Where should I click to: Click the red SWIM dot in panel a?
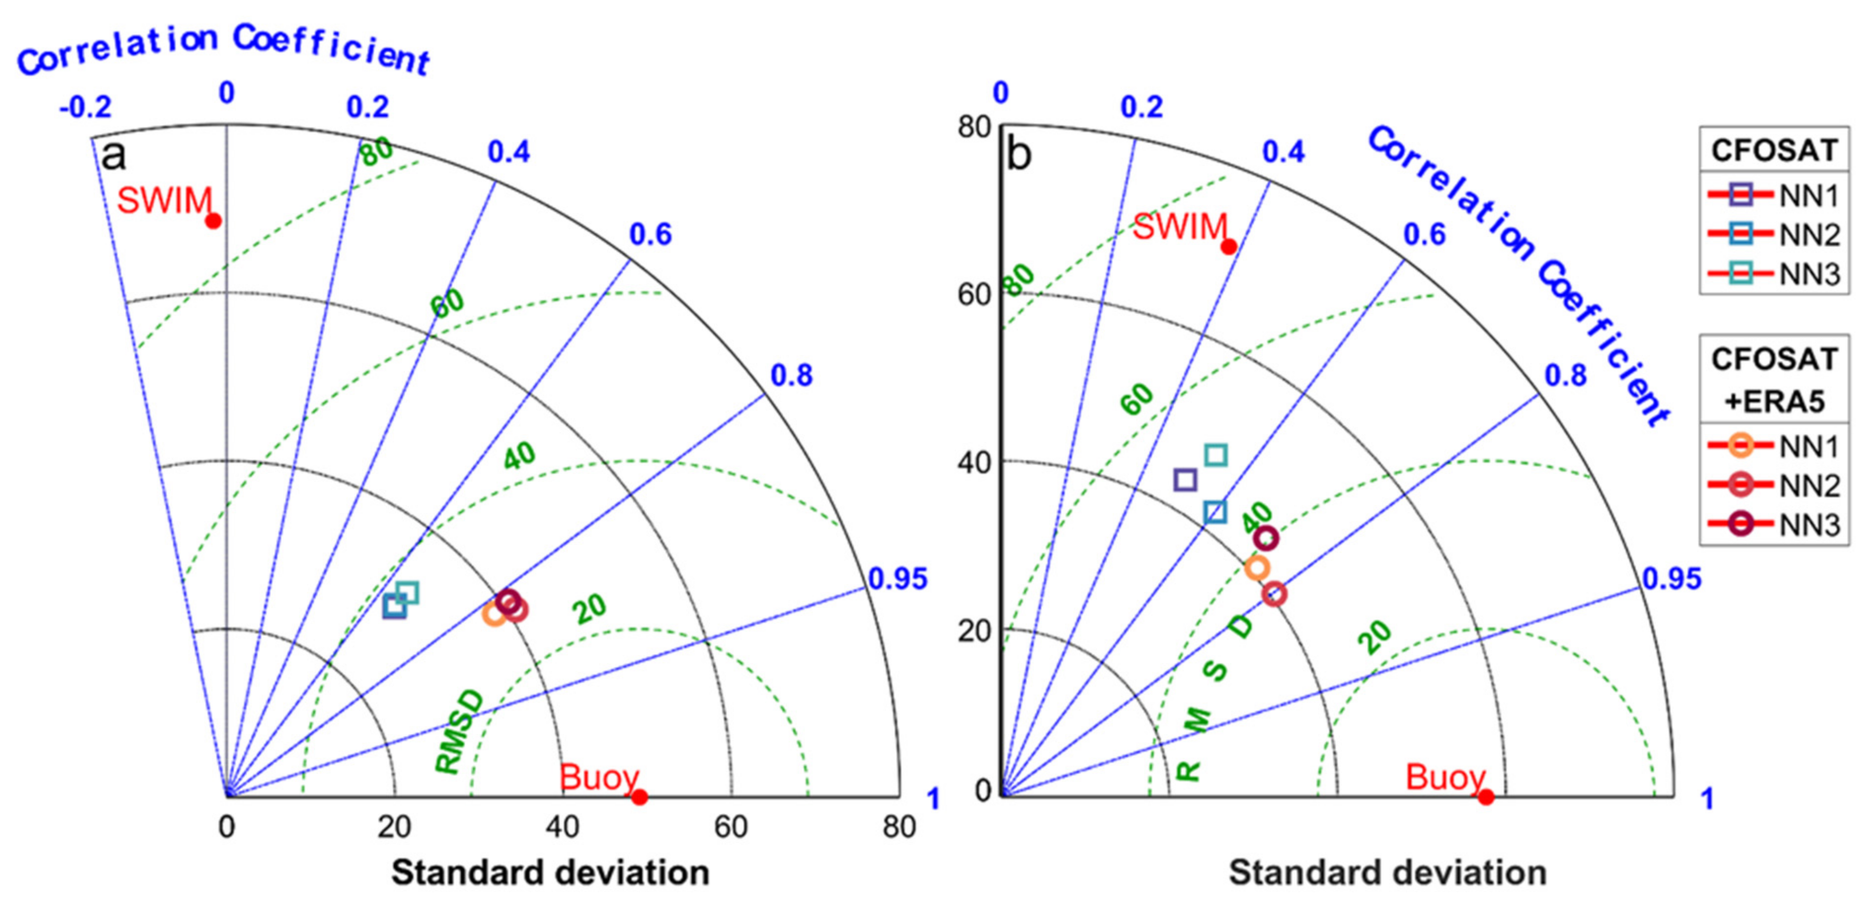(213, 221)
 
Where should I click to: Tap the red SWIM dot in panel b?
(1228, 247)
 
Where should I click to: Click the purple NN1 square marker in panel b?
(1185, 480)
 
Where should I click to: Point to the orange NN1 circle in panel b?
(1256, 568)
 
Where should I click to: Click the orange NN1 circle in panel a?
(494, 614)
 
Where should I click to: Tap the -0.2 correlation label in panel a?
(85, 108)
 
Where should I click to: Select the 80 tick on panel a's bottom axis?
(898, 827)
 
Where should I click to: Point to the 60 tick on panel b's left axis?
(974, 295)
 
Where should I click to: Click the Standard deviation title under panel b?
(1387, 873)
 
